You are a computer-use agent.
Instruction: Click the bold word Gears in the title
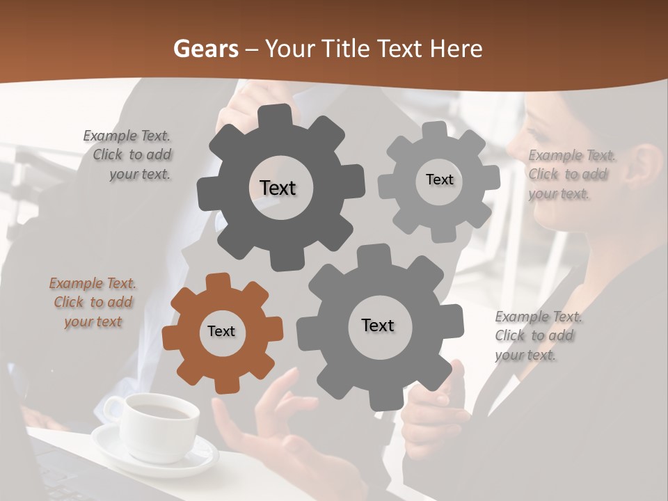pyautogui.click(x=205, y=49)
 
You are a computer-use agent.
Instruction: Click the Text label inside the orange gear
pyautogui.click(x=221, y=331)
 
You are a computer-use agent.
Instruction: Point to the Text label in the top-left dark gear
pyautogui.click(x=278, y=188)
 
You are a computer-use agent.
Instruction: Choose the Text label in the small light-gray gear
pyautogui.click(x=439, y=180)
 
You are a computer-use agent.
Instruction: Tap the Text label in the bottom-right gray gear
pyautogui.click(x=378, y=325)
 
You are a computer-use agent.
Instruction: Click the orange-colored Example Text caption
pyautogui.click(x=93, y=303)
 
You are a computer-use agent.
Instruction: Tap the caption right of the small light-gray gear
pyautogui.click(x=569, y=175)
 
